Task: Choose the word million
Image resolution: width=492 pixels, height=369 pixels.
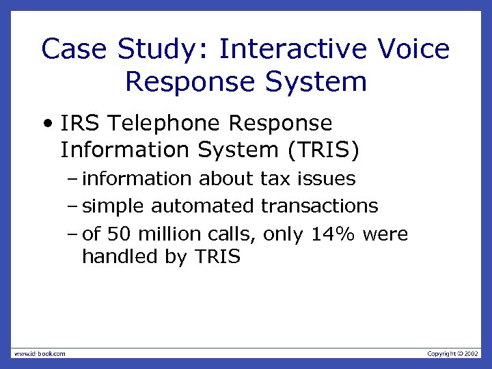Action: pos(169,234)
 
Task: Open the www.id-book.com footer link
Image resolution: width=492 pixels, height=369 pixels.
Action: pos(39,353)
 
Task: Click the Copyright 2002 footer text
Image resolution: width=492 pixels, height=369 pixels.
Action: pos(453,353)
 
